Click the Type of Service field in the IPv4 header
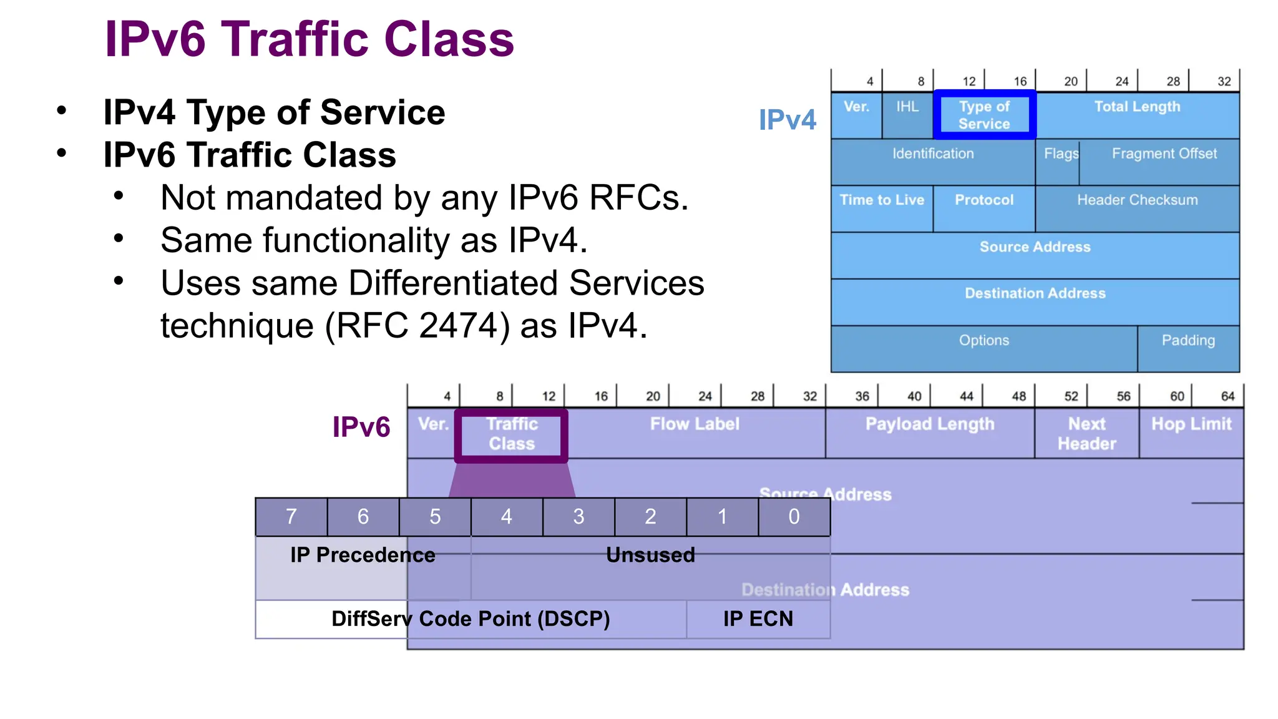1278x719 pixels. (984, 115)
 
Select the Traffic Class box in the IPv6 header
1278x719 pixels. (511, 434)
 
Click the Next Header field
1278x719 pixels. (1086, 434)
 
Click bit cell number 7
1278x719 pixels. (291, 517)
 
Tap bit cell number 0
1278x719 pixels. (794, 517)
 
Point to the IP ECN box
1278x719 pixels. (758, 619)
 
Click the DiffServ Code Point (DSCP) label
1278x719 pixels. (471, 619)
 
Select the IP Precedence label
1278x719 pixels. (363, 555)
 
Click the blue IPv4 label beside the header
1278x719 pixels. (787, 120)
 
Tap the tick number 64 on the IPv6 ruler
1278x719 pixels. (1227, 396)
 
